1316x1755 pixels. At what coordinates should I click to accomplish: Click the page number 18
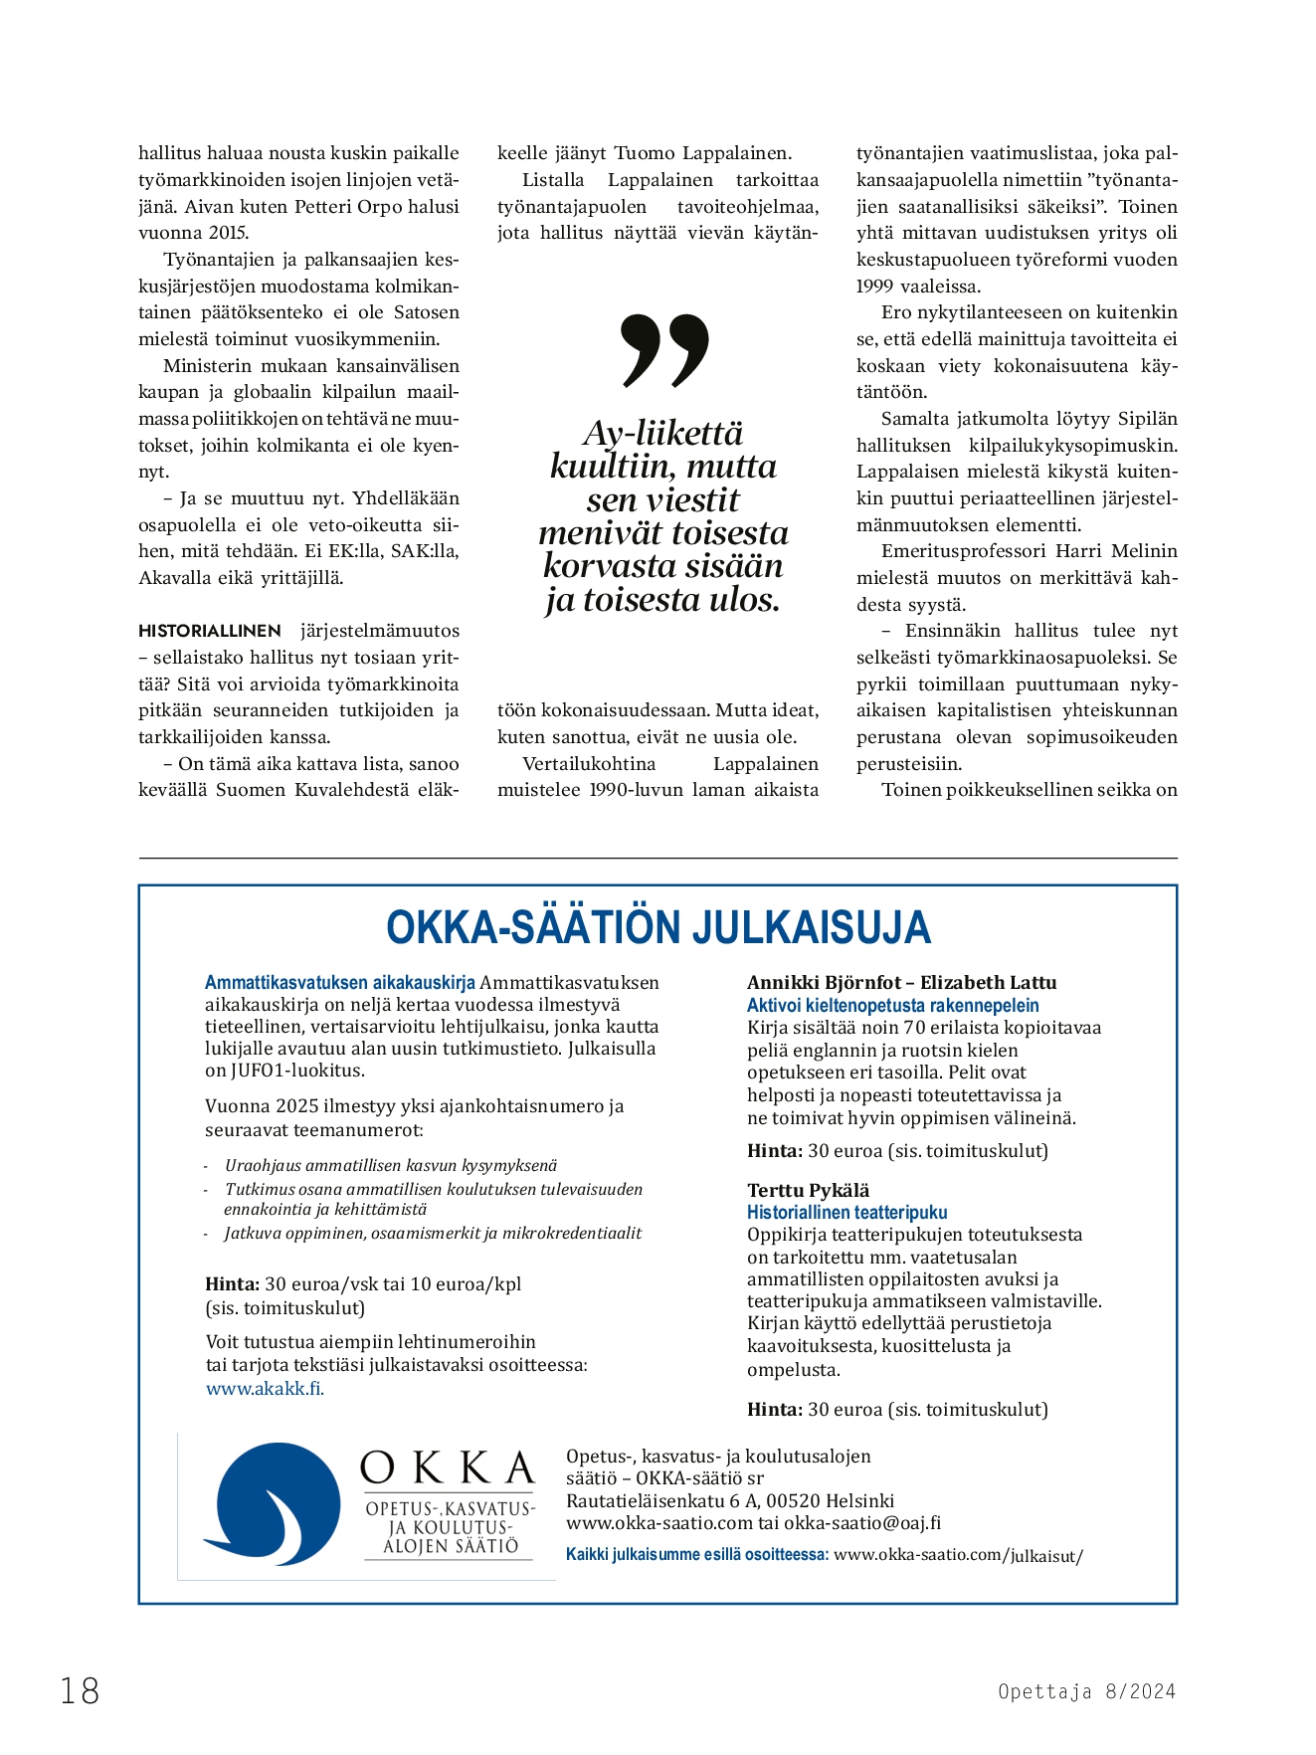80,1690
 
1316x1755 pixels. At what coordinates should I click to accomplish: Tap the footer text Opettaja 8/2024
1086,1691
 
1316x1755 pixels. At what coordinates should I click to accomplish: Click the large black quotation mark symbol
663,350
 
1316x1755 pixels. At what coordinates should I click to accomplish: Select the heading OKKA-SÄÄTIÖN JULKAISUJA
658,927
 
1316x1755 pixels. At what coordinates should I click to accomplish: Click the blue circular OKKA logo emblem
273,1504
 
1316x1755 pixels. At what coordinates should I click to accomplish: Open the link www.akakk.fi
265,1389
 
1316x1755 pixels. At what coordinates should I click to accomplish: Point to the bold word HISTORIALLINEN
210,631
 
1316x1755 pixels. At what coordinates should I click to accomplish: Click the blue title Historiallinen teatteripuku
846,1213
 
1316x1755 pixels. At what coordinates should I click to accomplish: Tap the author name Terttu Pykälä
808,1190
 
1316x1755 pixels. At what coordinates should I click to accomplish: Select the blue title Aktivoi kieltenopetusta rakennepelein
892,1006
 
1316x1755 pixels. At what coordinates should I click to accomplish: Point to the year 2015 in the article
229,233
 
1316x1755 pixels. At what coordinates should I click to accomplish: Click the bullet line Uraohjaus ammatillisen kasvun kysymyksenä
390,1165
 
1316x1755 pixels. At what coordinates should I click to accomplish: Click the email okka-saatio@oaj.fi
861,1522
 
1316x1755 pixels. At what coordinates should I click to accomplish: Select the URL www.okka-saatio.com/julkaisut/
957,1555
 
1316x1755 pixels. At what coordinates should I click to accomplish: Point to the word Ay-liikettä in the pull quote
662,433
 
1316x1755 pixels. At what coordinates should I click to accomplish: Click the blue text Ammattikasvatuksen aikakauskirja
339,983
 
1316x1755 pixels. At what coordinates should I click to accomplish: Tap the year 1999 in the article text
875,287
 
